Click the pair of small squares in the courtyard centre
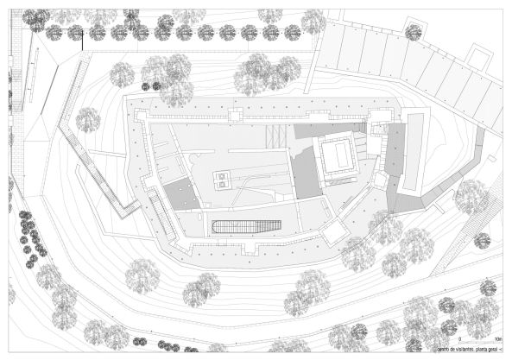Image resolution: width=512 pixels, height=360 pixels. point(222,179)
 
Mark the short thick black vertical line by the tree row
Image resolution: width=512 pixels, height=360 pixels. point(83,40)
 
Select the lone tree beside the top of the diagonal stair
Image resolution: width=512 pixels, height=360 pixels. point(87,120)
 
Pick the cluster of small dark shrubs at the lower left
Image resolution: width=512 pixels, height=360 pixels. point(31,237)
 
